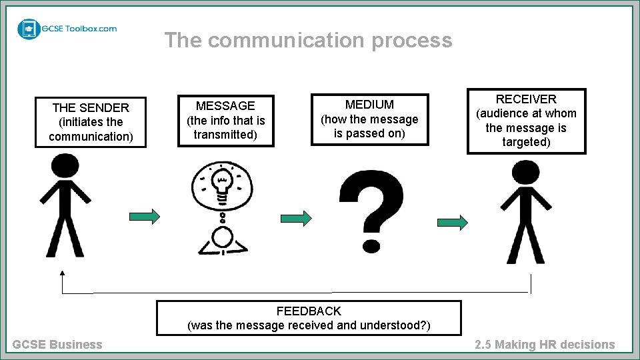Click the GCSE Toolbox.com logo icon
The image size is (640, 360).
pos(29,29)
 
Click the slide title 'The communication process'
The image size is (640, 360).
pos(308,40)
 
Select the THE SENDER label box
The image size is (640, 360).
pos(91,122)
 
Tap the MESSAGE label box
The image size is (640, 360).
pos(225,120)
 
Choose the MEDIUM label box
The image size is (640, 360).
pos(369,119)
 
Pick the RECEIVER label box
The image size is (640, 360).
pos(526,121)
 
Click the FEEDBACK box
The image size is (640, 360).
pos(309,318)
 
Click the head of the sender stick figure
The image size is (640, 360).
pos(65,166)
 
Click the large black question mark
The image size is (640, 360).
pos(371,200)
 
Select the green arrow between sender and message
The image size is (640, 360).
pos(145,216)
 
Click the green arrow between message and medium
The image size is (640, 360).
pos(296,218)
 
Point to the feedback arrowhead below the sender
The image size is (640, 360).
pos(62,272)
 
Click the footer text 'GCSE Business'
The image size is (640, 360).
pos(57,345)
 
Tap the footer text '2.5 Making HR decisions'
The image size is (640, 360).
pos(545,345)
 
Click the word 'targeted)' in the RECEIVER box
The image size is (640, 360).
pos(526,143)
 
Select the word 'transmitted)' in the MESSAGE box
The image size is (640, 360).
pos(225,135)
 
